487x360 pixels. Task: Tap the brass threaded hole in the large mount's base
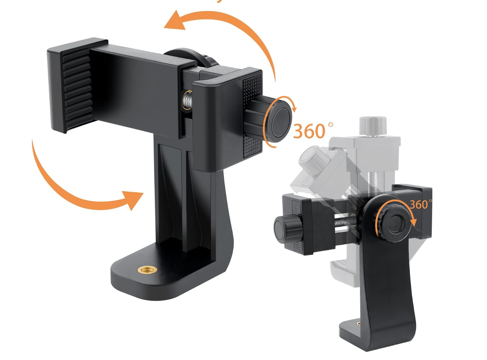(x=147, y=269)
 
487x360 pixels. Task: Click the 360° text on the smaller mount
(x=419, y=204)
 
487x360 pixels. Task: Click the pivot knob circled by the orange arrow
(x=394, y=223)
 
